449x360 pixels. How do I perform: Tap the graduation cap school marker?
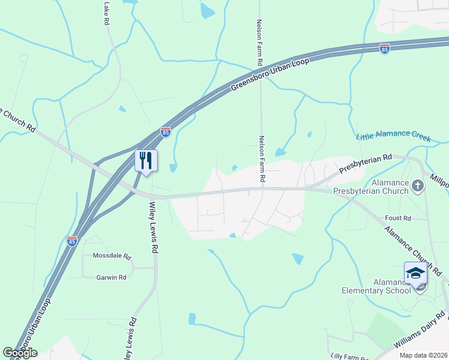click(415, 272)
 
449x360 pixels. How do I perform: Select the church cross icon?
click(418, 187)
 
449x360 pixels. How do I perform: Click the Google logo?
click(20, 353)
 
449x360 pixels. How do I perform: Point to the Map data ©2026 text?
click(423, 355)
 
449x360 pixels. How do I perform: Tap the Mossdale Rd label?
click(112, 256)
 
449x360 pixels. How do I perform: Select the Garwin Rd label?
click(111, 277)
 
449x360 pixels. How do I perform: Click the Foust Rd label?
click(399, 218)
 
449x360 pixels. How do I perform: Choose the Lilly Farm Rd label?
click(349, 356)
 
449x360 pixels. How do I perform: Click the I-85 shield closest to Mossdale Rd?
click(72, 241)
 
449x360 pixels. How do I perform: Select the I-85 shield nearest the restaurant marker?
click(166, 131)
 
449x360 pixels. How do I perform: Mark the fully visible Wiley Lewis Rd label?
click(152, 226)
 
